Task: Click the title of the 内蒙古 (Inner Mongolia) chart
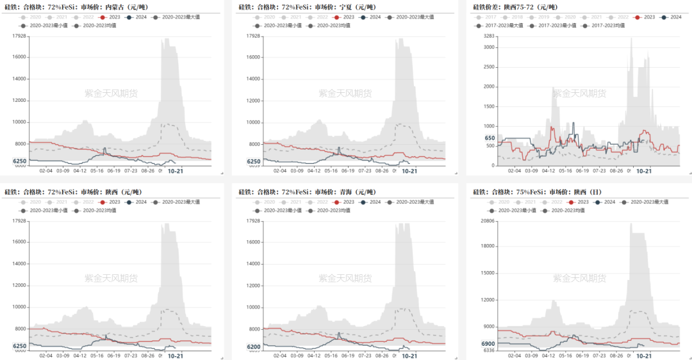pyautogui.click(x=76, y=7)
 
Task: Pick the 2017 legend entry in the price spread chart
pyautogui.click(x=486, y=17)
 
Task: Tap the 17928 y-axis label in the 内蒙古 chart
pyautogui.click(x=19, y=36)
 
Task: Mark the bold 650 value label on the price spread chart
pyautogui.click(x=490, y=138)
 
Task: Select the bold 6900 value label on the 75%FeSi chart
pyautogui.click(x=488, y=344)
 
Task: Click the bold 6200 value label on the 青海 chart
pyautogui.click(x=253, y=347)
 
